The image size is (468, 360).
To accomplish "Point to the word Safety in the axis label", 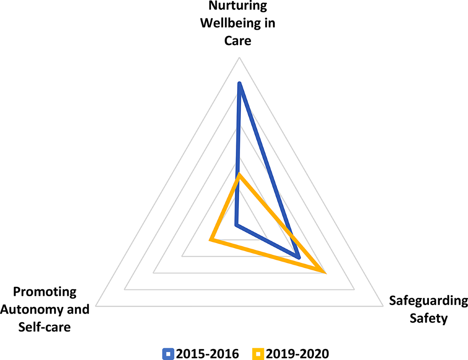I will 428,318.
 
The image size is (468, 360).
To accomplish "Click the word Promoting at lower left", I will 44,292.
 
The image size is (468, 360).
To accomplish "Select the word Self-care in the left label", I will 44,327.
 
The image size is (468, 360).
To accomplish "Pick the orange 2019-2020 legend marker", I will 258,354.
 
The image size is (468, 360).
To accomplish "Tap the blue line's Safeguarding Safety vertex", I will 298,257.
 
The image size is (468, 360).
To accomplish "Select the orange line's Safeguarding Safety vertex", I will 324,272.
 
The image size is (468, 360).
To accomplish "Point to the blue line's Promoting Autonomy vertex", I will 236,224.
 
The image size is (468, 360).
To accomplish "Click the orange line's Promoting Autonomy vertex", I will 211,239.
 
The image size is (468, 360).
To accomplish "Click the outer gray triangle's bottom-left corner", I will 96,306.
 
